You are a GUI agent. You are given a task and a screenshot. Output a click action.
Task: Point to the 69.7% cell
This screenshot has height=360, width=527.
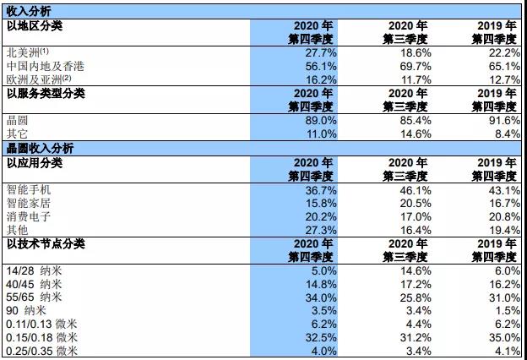(x=412, y=66)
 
